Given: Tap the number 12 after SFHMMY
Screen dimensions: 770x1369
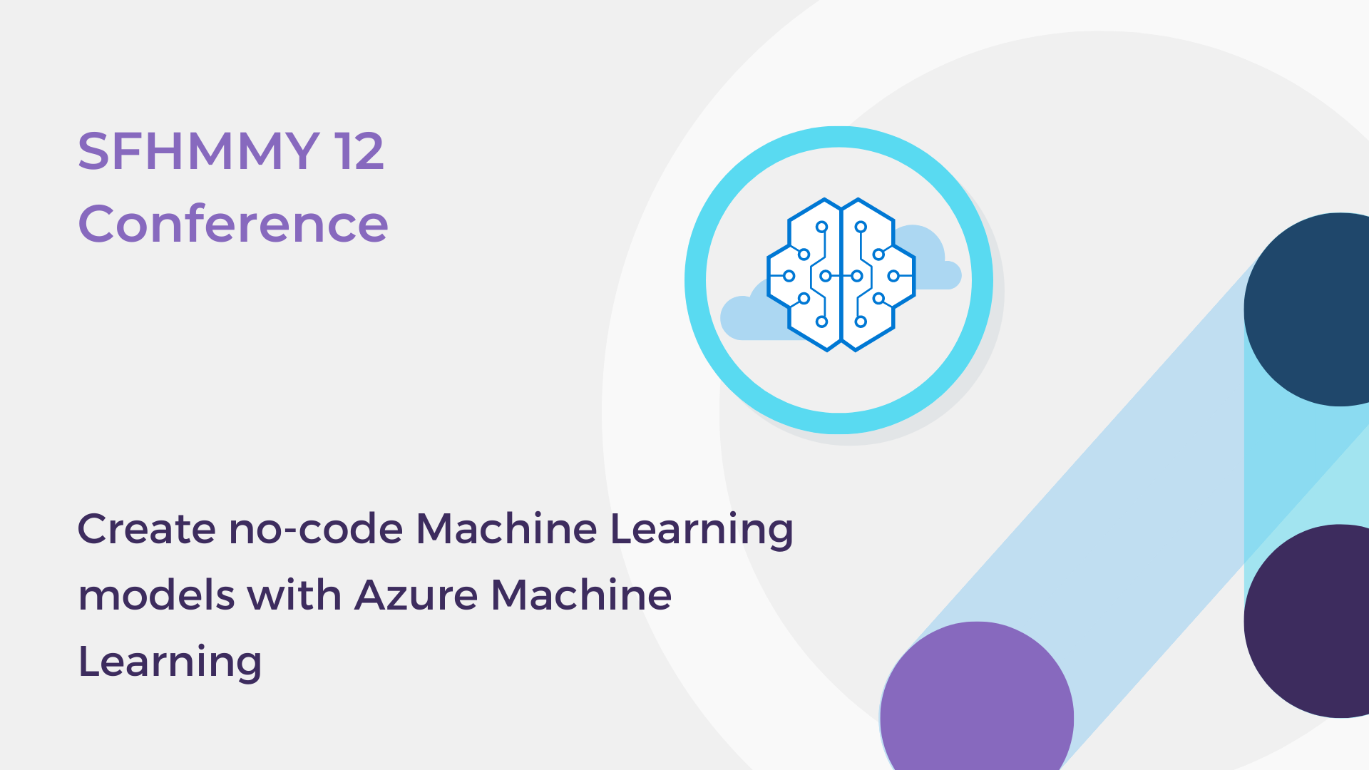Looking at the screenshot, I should click(359, 151).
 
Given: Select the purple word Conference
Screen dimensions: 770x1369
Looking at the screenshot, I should click(232, 224).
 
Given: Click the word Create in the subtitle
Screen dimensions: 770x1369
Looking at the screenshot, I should click(146, 529).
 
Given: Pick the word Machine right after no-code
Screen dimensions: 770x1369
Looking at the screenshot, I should click(506, 529).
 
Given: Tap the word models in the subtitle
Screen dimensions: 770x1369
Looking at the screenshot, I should click(156, 595).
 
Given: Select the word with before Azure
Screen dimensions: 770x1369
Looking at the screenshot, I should click(294, 595).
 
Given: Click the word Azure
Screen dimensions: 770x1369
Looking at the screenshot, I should click(416, 595).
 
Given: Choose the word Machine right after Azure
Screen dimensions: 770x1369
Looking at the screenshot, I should click(581, 595).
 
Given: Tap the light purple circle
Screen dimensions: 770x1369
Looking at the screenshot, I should click(977, 706).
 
